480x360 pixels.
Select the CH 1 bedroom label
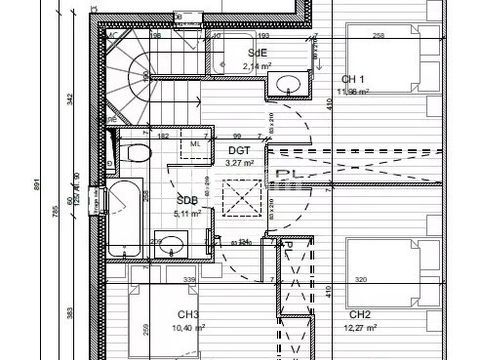pos(353,79)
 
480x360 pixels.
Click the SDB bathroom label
pos(187,199)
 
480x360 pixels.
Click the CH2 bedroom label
pos(360,315)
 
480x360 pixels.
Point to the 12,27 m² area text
pos(360,327)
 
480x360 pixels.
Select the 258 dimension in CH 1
pos(378,36)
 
